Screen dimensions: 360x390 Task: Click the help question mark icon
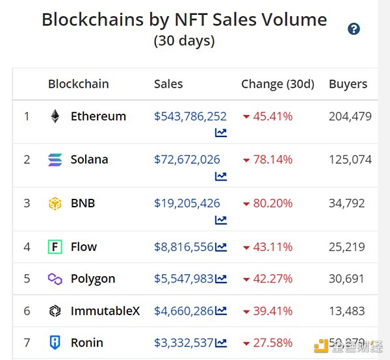click(x=354, y=29)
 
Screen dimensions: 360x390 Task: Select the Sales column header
click(x=168, y=84)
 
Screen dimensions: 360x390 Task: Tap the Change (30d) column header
click(x=278, y=84)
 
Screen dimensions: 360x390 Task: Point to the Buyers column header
click(x=348, y=84)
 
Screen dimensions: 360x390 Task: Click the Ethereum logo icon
click(x=55, y=117)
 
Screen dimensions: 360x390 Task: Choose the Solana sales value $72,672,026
click(x=187, y=159)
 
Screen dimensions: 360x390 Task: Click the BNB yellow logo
click(x=55, y=203)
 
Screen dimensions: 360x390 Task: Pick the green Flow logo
click(x=55, y=247)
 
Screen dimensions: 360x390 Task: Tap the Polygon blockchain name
click(x=93, y=279)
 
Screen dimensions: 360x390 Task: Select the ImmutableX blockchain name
click(x=105, y=311)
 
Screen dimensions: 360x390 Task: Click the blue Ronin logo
click(x=55, y=342)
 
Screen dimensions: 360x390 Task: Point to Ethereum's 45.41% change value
click(x=272, y=117)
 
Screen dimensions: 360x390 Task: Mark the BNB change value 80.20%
click(x=272, y=203)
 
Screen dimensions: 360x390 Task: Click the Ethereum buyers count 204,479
click(x=350, y=117)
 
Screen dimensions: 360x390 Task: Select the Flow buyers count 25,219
click(x=346, y=247)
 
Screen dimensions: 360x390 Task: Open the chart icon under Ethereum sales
click(x=221, y=133)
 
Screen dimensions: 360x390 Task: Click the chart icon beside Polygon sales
click(x=221, y=279)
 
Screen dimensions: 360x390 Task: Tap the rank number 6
click(x=27, y=311)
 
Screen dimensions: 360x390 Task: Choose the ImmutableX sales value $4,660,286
click(x=184, y=311)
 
